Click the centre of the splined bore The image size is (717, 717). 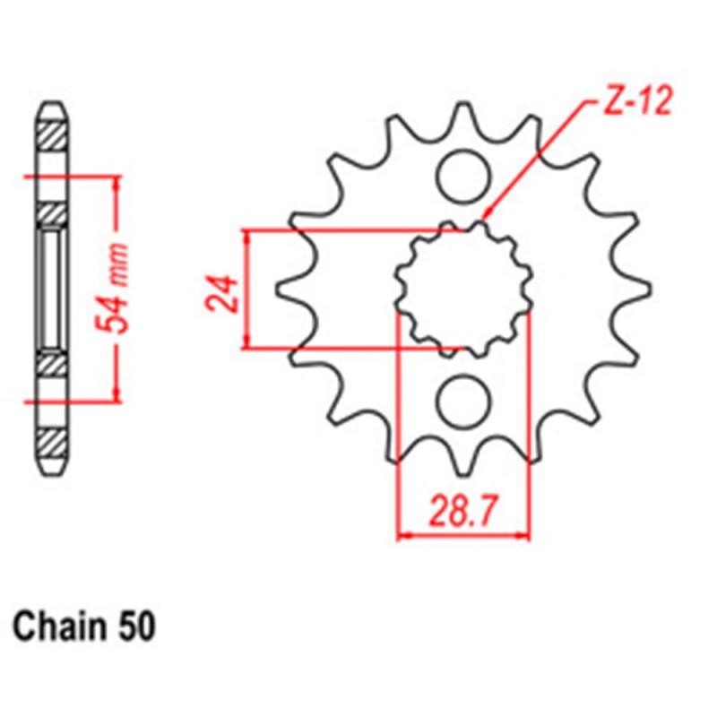[463, 288]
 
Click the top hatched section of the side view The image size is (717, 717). [52, 134]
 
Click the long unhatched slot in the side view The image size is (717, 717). [52, 289]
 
